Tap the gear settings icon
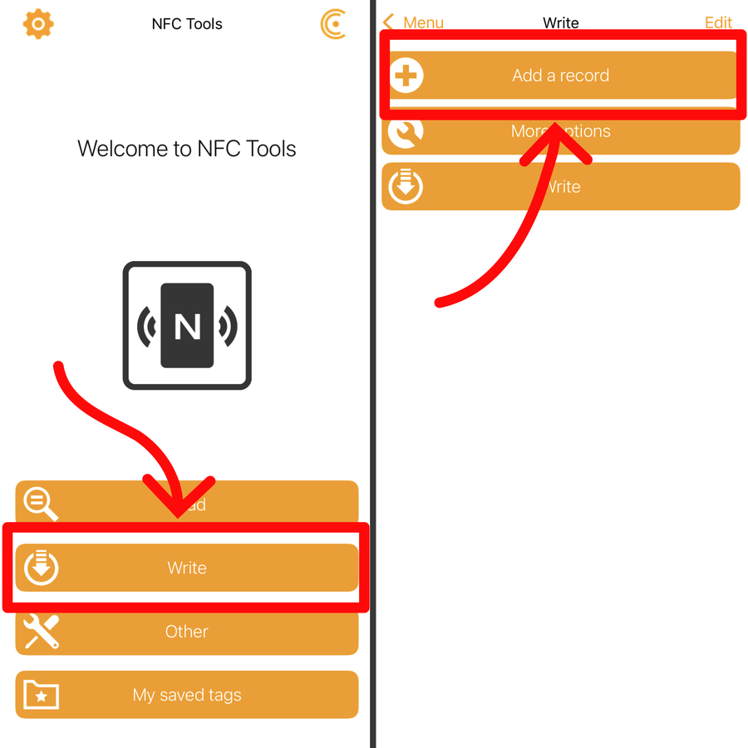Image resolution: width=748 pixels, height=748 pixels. (x=38, y=24)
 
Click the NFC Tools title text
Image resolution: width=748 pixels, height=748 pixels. (x=187, y=24)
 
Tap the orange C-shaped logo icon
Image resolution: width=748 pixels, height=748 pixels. (x=333, y=24)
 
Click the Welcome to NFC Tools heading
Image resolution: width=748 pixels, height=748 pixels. (x=187, y=149)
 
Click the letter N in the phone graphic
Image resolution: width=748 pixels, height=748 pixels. (x=187, y=326)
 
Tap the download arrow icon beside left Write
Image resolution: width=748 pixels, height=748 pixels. (x=41, y=568)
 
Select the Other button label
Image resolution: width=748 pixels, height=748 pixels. (x=187, y=632)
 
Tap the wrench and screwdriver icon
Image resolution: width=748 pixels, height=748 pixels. (x=41, y=632)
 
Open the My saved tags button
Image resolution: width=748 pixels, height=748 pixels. (x=187, y=695)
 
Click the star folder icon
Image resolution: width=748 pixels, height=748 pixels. (x=41, y=695)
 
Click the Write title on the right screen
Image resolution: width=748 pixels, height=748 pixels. (x=561, y=22)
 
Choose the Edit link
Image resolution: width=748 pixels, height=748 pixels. (x=718, y=22)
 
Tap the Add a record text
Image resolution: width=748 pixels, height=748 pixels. (x=561, y=76)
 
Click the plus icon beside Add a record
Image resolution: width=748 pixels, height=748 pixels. (x=406, y=76)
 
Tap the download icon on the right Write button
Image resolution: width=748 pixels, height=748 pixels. (x=406, y=186)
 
